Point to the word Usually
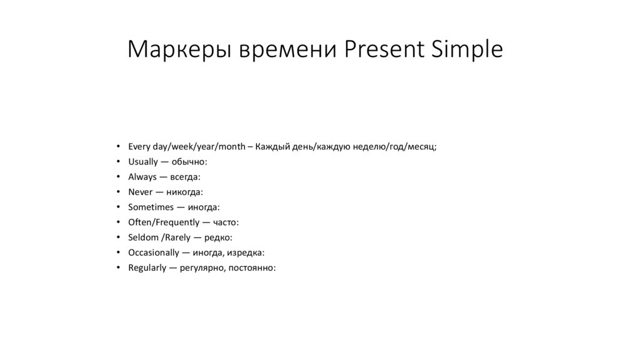(143, 162)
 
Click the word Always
(142, 177)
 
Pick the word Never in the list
(140, 192)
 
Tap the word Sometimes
(150, 207)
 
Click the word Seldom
(142, 237)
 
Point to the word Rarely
(177, 237)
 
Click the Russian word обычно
(189, 162)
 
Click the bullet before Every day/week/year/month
(118, 147)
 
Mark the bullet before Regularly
(118, 267)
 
